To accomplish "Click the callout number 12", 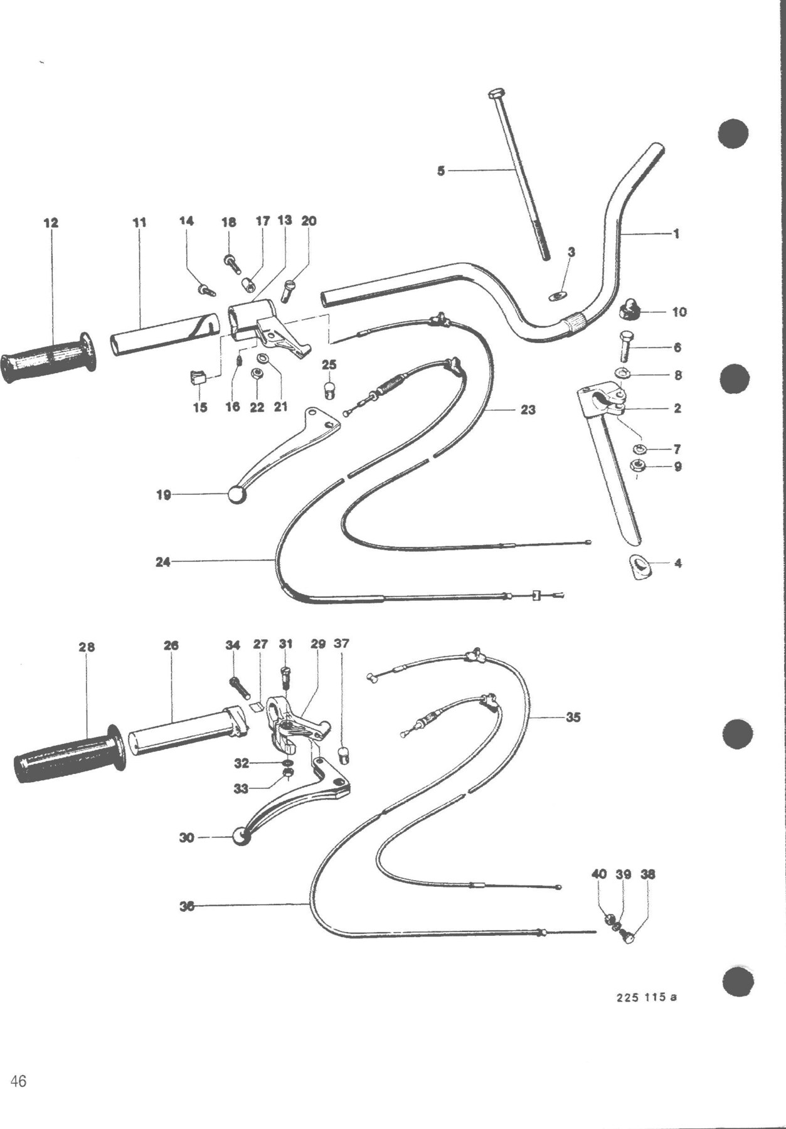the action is point(51,223).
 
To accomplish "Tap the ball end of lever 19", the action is point(236,495).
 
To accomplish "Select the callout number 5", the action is point(441,171).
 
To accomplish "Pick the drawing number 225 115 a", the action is point(646,997).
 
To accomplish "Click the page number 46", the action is point(18,1081).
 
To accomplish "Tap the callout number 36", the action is point(186,906).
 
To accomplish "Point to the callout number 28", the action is point(87,647).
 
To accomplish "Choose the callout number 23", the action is point(528,410).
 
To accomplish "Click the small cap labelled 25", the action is point(329,390).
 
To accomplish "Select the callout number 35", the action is point(573,717).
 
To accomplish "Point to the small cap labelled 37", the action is point(343,755).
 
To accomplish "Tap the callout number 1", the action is point(676,234).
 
